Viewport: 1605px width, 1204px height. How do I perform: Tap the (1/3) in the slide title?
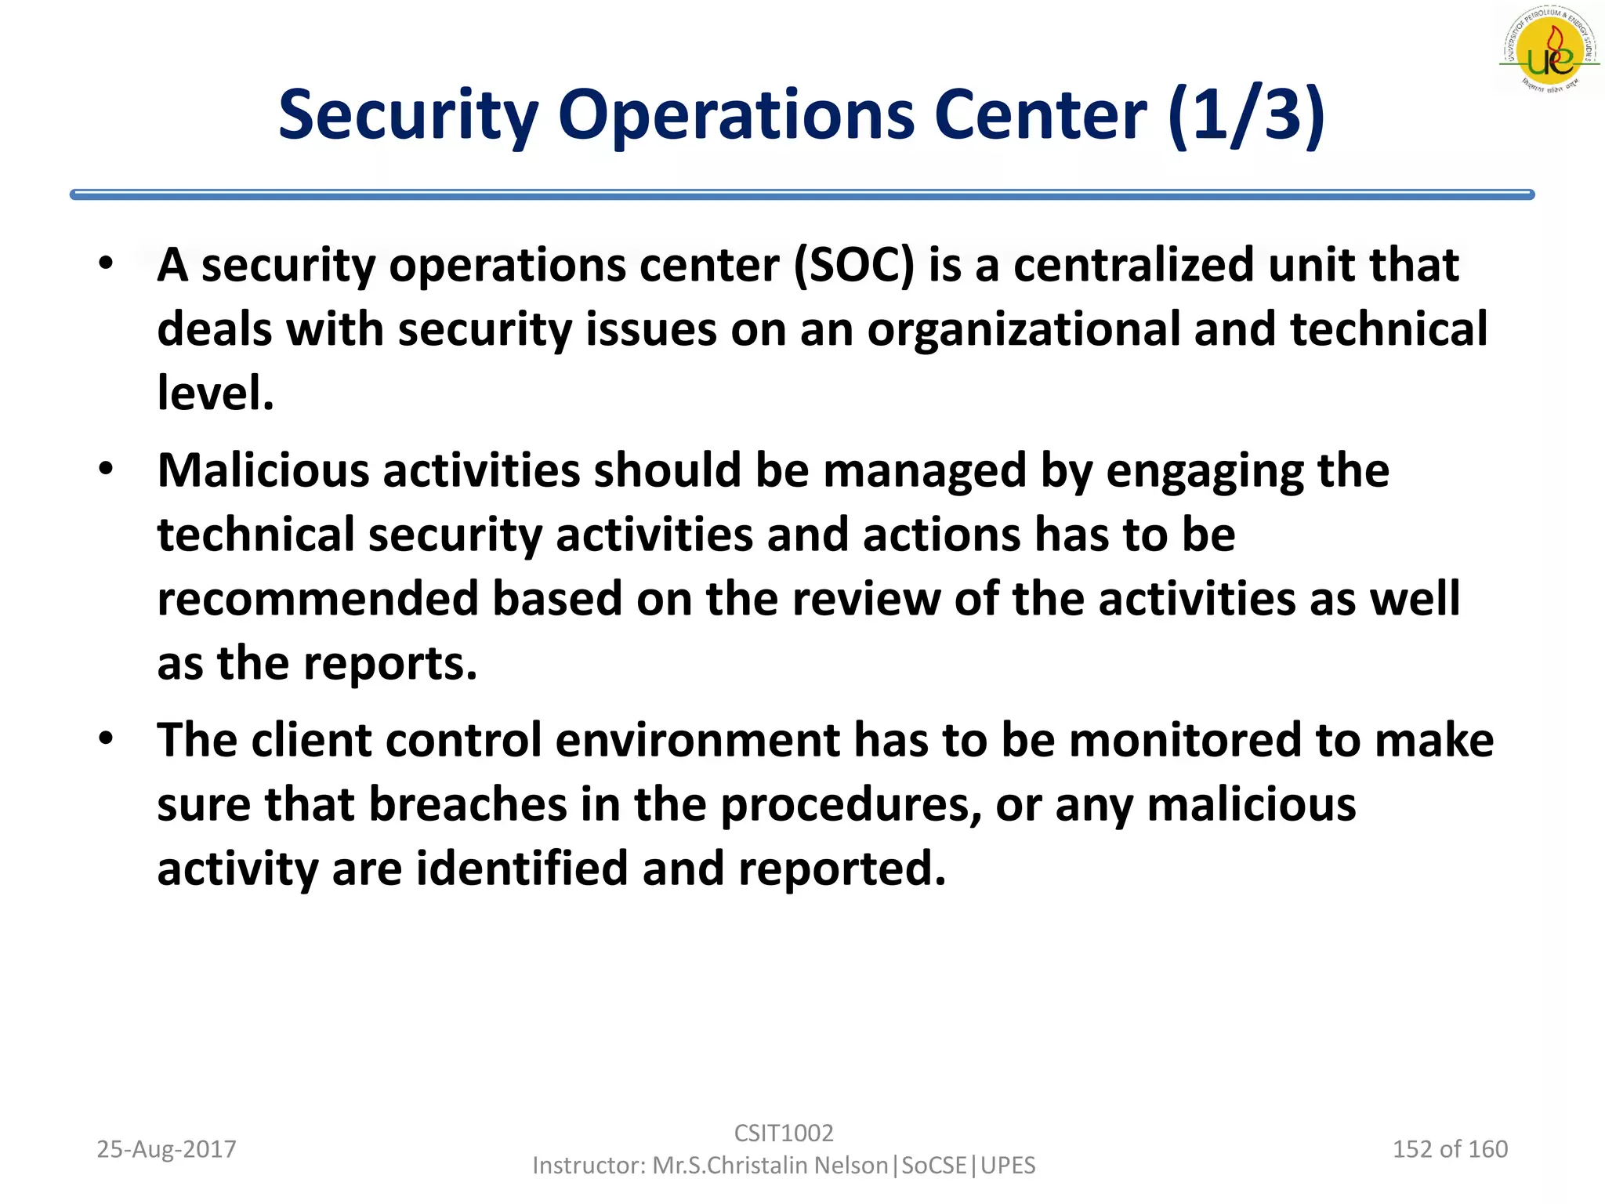click(x=1245, y=116)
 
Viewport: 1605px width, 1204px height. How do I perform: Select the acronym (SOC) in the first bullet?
click(x=853, y=265)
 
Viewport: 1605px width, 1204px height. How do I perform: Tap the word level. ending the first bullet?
click(x=216, y=393)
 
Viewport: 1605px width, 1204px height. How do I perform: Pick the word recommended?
click(x=317, y=599)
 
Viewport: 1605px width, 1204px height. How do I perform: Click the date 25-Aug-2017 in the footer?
click(x=166, y=1149)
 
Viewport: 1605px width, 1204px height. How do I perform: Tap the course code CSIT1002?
click(x=784, y=1133)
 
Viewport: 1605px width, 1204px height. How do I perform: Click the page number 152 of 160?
click(x=1450, y=1149)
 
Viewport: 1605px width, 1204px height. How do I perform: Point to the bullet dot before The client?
click(x=107, y=738)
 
